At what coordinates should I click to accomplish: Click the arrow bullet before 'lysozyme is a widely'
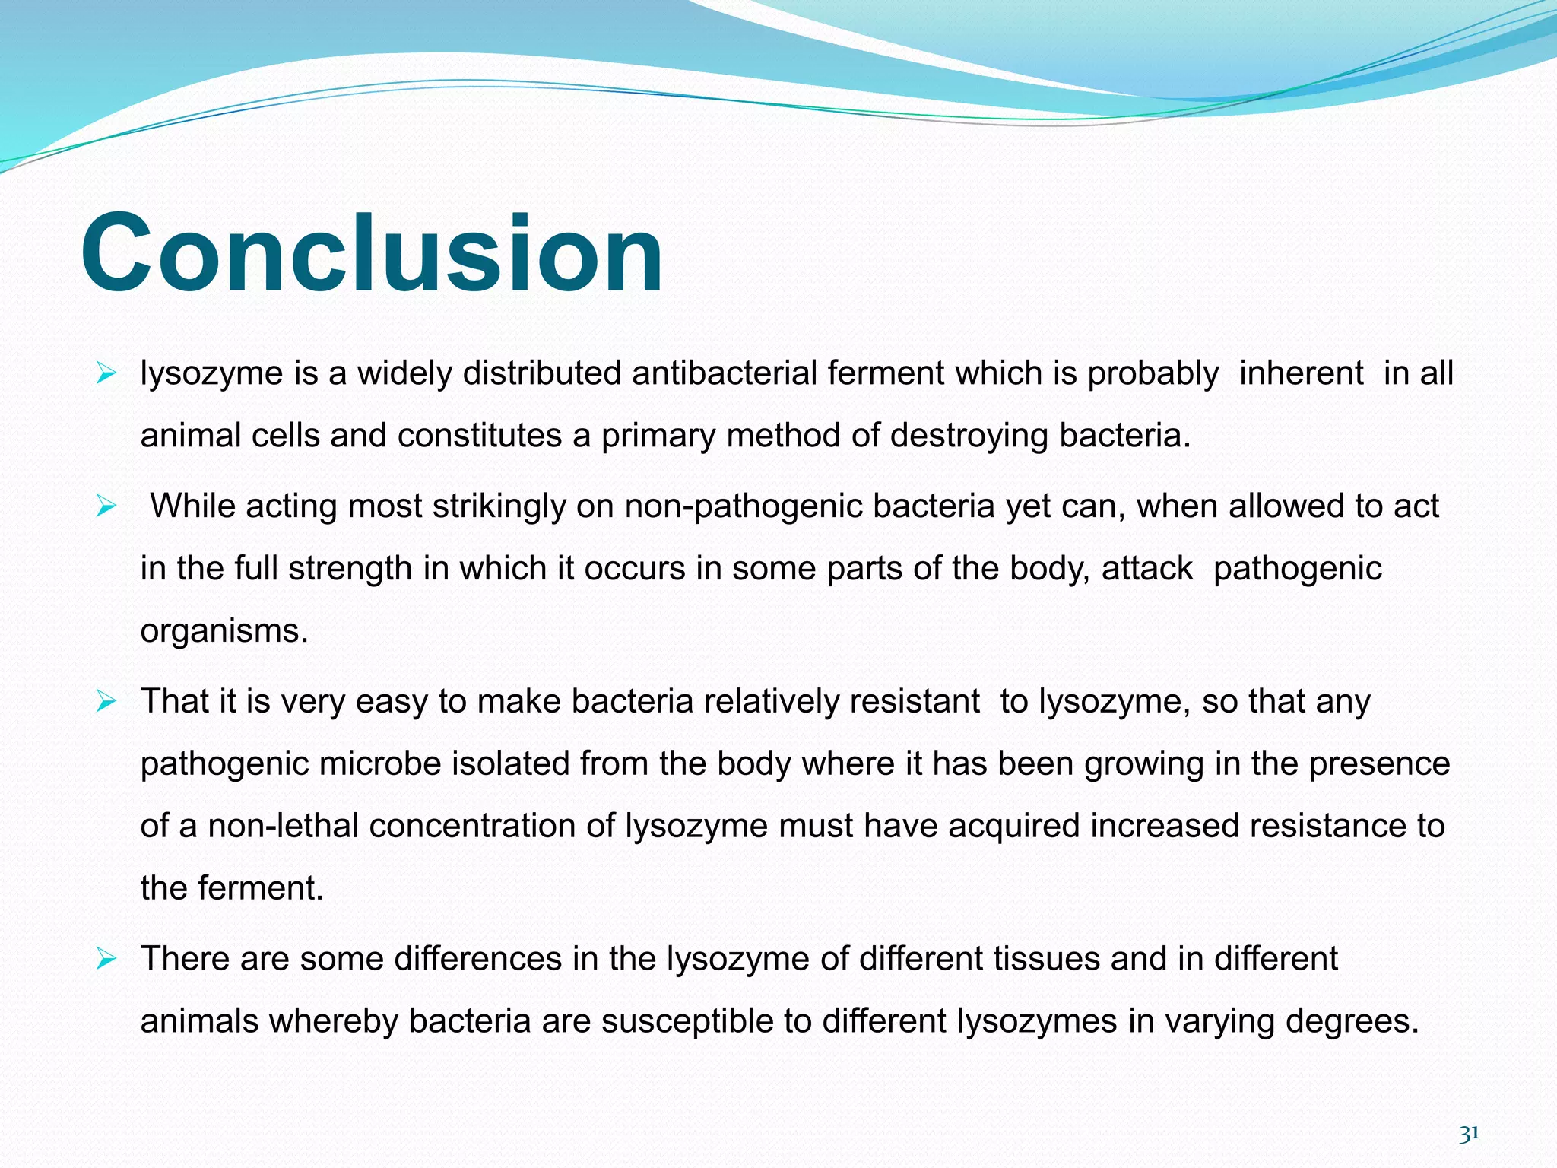point(106,373)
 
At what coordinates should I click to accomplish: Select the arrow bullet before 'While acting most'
point(106,506)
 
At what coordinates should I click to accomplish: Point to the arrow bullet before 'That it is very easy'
point(106,701)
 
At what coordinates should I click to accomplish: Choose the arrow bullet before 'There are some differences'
point(106,959)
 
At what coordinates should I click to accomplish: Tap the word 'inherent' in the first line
point(1301,373)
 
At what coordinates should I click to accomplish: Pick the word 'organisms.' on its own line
point(224,631)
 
